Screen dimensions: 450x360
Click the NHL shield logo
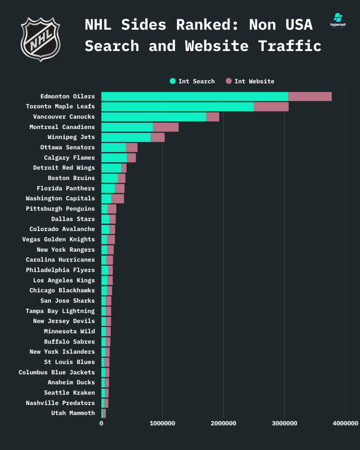coord(40,39)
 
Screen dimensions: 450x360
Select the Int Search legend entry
coord(192,81)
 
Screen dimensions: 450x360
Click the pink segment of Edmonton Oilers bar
coord(310,96)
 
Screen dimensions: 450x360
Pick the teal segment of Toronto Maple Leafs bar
coord(177,106)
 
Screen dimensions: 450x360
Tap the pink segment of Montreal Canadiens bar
coord(166,127)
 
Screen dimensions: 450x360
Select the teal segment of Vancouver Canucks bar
coord(154,117)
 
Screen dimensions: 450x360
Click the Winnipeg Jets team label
coord(71,137)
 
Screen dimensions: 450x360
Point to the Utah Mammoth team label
coord(73,413)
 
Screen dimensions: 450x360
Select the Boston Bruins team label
coord(71,178)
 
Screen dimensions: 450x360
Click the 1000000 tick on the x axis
coord(162,423)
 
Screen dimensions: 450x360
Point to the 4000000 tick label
coord(345,423)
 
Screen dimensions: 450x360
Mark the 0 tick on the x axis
coord(101,423)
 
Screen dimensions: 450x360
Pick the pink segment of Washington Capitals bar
coord(118,198)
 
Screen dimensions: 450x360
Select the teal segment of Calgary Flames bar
coord(114,158)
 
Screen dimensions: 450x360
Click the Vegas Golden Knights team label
coord(58,239)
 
